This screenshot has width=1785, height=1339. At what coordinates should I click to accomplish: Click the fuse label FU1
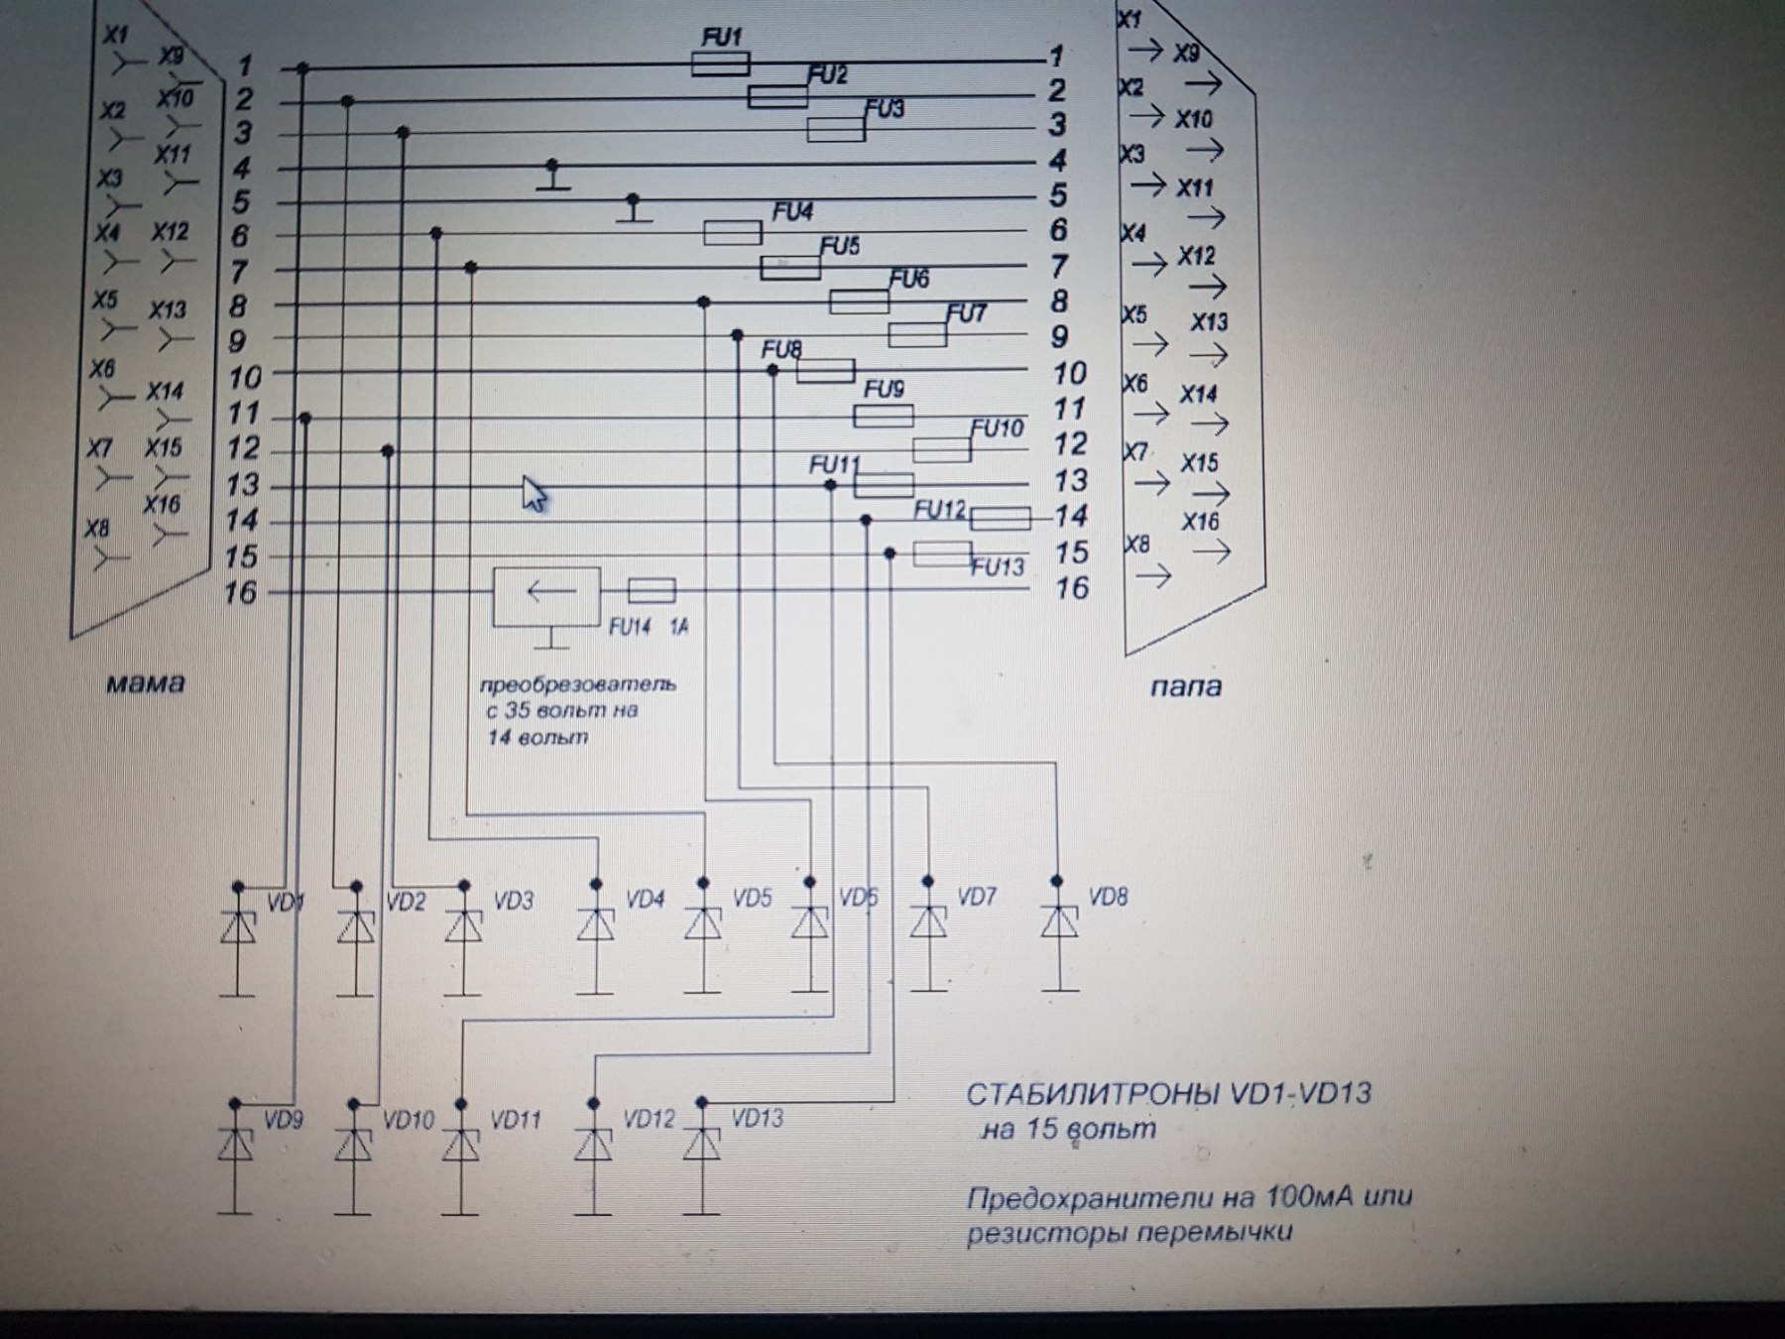[x=721, y=38]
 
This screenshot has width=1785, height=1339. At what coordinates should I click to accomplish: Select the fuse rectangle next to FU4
[x=733, y=233]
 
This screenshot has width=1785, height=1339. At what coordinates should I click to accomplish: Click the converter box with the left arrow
[x=547, y=596]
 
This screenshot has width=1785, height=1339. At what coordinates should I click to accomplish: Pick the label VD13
[x=758, y=1119]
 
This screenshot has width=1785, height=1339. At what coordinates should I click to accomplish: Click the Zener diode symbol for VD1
[x=238, y=928]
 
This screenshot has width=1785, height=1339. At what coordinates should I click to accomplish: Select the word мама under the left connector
[x=145, y=683]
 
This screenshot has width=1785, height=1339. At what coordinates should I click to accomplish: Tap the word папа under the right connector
[x=1185, y=686]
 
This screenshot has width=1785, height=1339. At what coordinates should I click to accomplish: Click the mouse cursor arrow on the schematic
[x=534, y=493]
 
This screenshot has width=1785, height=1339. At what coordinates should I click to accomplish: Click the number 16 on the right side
[x=1072, y=588]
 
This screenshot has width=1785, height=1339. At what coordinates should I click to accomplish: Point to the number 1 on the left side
[x=245, y=66]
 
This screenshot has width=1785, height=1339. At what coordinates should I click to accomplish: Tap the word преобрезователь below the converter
[x=578, y=684]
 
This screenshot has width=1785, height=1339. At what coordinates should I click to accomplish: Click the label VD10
[x=408, y=1121]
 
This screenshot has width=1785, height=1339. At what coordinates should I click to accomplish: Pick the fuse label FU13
[x=997, y=567]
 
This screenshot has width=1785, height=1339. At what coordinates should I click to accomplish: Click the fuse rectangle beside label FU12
[x=1000, y=519]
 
